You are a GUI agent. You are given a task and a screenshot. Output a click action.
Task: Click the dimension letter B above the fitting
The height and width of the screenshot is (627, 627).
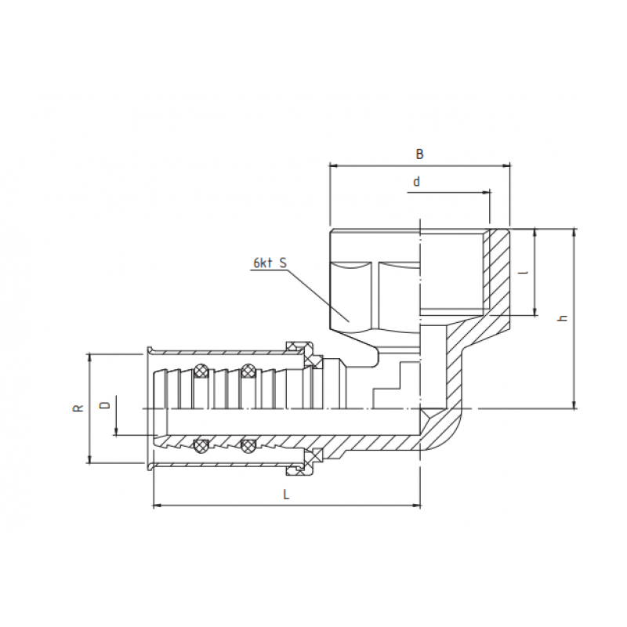419,154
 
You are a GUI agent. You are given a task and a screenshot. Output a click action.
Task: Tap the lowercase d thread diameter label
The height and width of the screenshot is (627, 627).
417,182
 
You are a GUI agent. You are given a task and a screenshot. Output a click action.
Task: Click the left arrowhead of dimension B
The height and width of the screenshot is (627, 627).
333,165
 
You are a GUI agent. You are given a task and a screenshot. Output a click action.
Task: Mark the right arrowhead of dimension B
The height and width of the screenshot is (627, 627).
506,165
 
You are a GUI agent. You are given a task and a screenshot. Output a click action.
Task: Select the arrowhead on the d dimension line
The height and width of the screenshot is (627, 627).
487,190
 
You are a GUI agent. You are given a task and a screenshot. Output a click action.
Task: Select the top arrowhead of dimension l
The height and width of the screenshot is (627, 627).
535,233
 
